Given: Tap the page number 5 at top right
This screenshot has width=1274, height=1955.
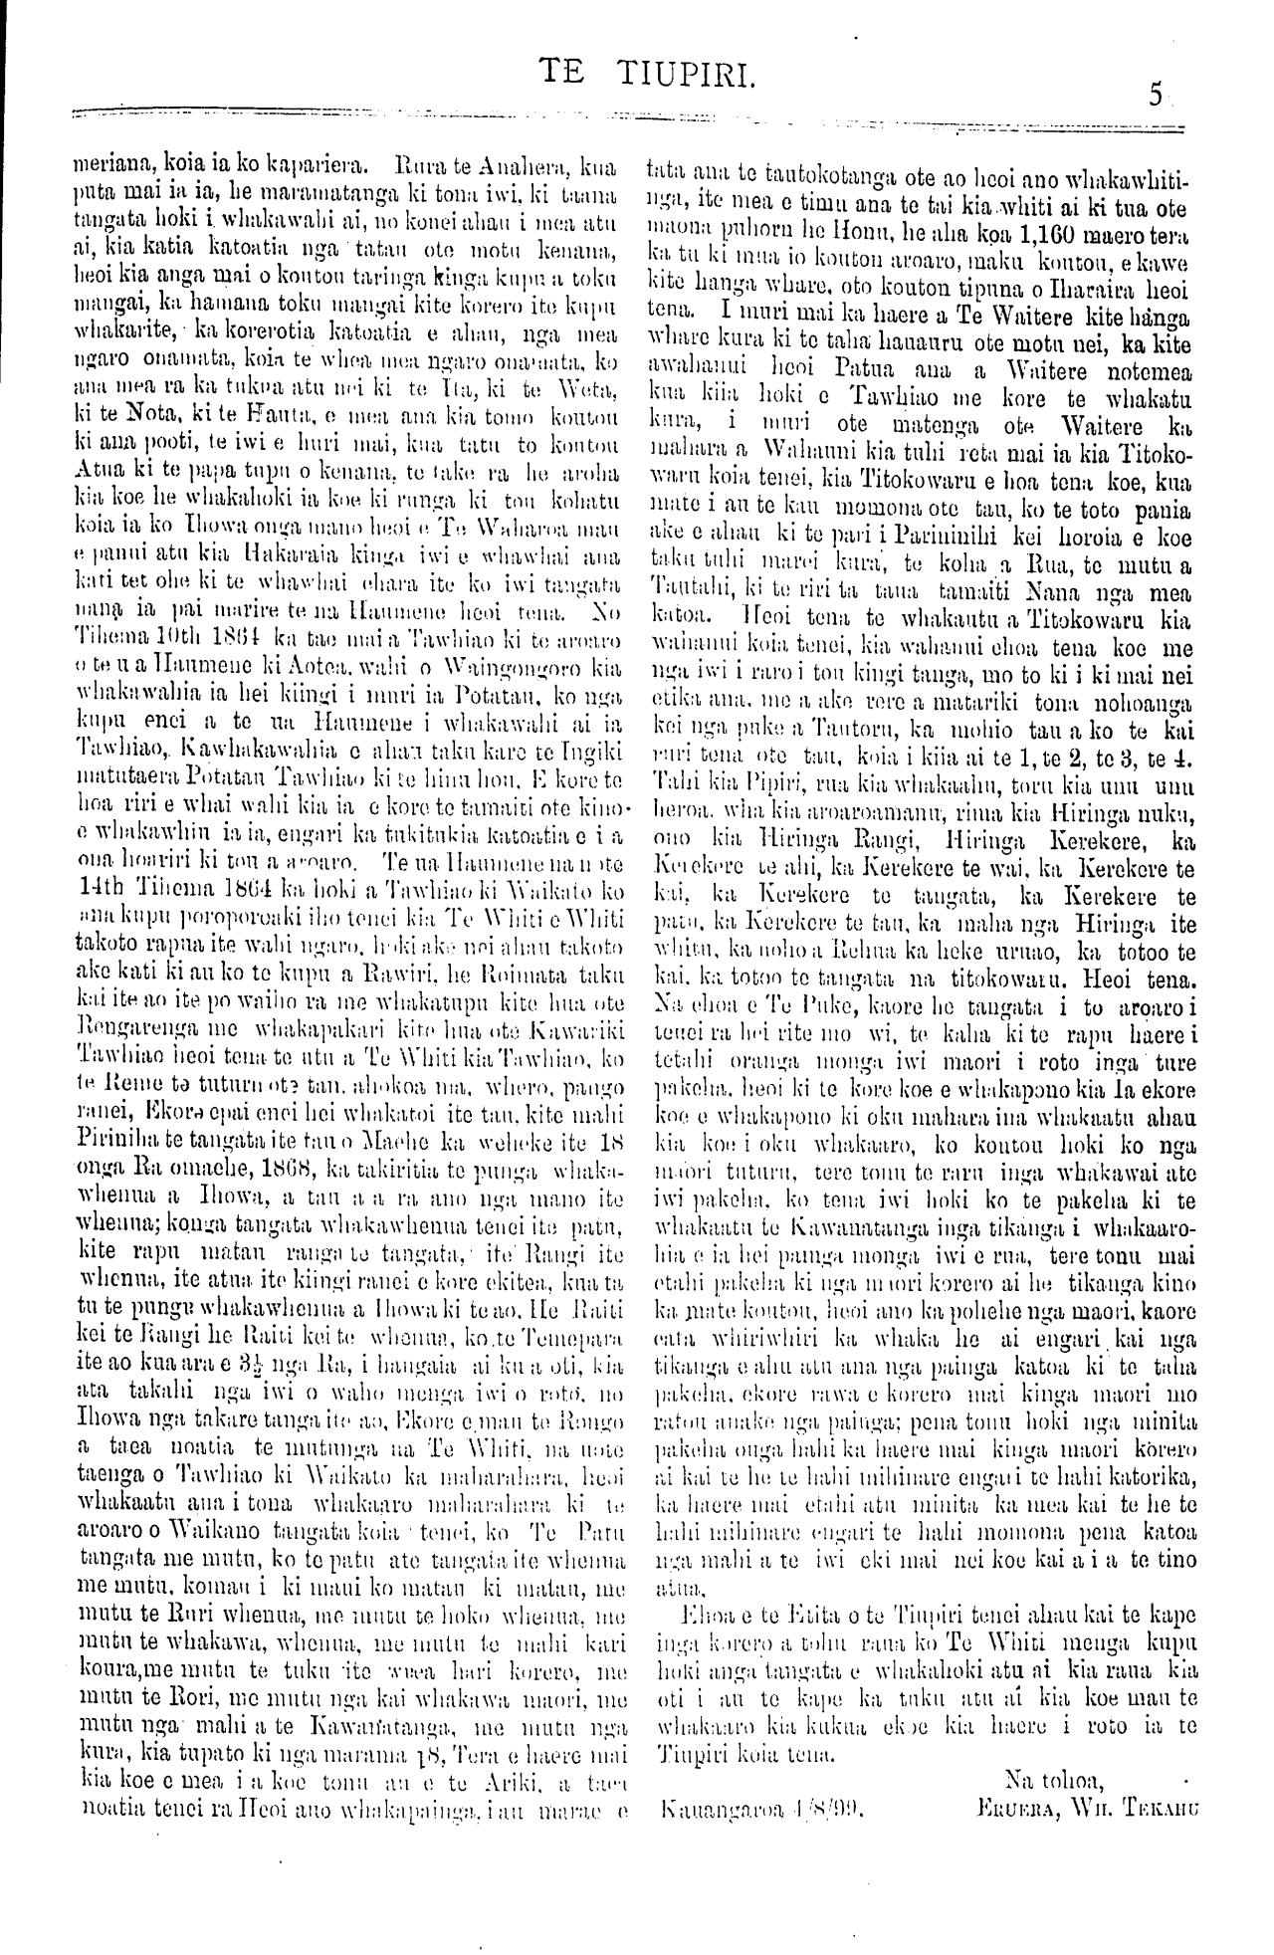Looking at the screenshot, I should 1155,95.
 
